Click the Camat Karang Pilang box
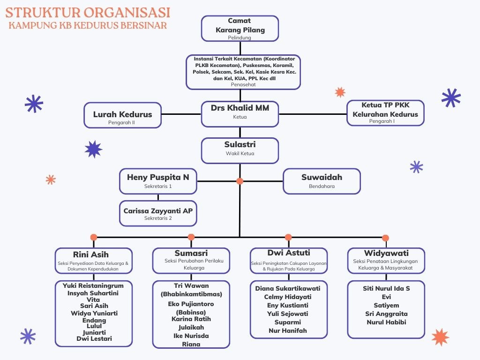pos(240,28)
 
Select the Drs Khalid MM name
pos(240,108)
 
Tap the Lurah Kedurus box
pos(122,115)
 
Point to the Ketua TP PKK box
pos(385,113)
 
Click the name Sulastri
pos(240,144)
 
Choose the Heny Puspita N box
pos(158,181)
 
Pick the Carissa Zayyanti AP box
pos(158,213)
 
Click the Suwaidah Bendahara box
pos(322,181)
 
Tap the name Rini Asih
pos(90,255)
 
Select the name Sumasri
pos(191,253)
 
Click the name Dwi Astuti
pos(288,253)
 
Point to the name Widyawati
pos(386,253)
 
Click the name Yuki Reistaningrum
pos(93,285)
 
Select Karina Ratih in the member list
pos(191,319)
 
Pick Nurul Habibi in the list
pos(386,322)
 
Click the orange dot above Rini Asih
pos(94,237)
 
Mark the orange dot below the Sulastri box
pos(240,181)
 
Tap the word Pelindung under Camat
pos(240,37)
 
